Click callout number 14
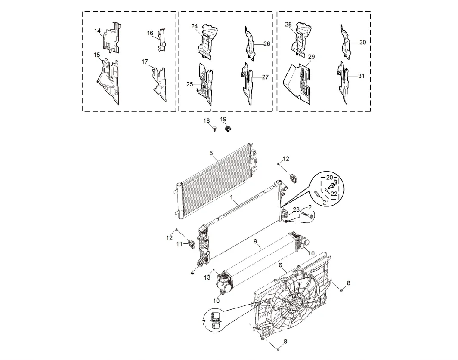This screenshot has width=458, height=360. coord(97,31)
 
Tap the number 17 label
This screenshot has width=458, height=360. coord(145,62)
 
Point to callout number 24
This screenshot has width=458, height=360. coord(194,26)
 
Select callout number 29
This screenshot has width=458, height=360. coord(312,57)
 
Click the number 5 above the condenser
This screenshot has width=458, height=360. coord(211,153)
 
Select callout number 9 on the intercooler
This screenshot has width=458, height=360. coord(255,242)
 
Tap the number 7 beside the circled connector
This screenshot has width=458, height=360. coord(204,322)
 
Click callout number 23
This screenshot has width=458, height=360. coord(296,209)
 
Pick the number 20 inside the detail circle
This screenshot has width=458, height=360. coord(329,177)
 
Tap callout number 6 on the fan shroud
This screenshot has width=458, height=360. coord(280,265)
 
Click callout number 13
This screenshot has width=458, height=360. coord(207,277)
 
